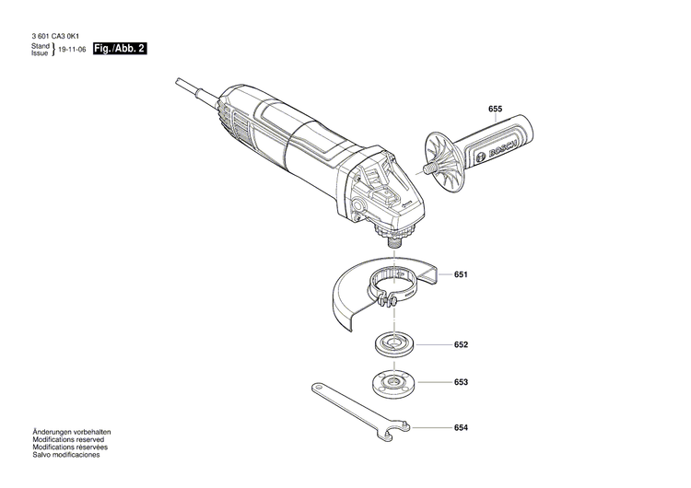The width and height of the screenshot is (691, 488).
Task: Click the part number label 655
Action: (x=495, y=110)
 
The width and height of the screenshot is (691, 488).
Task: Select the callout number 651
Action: (x=461, y=274)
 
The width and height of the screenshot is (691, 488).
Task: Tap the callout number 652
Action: (x=461, y=344)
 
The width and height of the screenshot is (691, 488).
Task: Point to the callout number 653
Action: (x=461, y=381)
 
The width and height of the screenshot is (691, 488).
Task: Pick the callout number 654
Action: (x=461, y=428)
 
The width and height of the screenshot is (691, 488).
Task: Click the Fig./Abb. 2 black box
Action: (x=113, y=48)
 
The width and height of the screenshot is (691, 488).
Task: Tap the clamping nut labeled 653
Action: (x=397, y=380)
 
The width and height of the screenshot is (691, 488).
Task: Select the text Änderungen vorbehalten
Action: (x=72, y=432)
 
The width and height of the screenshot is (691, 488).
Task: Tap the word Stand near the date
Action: (x=41, y=45)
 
